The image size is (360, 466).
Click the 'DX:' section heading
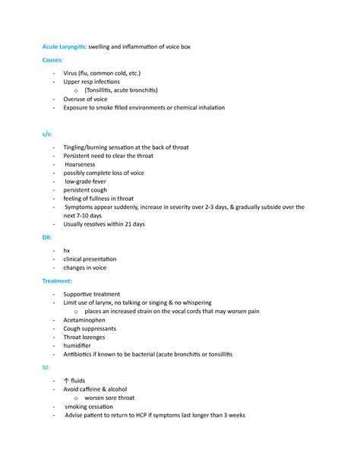coord(46,237)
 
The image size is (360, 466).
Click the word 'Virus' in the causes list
coord(72,73)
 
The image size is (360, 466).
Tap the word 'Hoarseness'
coord(81,164)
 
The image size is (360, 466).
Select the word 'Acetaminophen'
coord(87,320)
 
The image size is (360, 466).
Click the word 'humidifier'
coord(80,345)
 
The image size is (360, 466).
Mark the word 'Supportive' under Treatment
coord(81,293)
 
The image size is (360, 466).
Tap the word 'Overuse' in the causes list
coord(76,99)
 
